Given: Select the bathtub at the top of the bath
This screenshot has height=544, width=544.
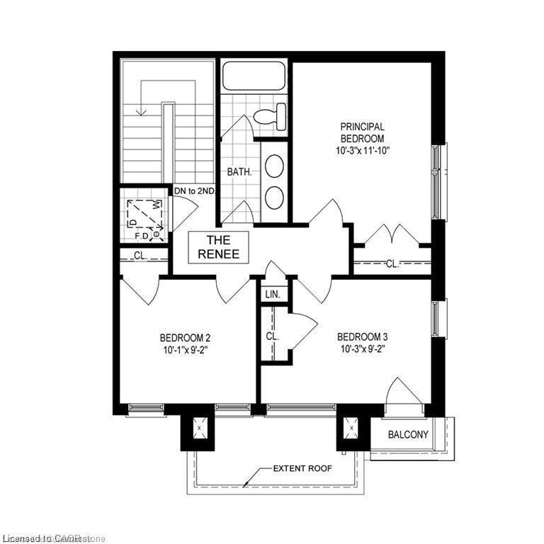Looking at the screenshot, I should click(254, 76).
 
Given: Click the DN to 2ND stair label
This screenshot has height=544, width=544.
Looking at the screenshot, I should click(195, 191).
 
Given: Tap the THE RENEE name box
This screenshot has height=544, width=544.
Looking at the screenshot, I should click(217, 246).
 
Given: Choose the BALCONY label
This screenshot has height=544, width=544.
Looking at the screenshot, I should click(409, 434).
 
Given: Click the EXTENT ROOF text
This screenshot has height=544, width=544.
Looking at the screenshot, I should click(302, 469).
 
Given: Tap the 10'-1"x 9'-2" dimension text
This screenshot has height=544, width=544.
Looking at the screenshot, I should click(185, 348).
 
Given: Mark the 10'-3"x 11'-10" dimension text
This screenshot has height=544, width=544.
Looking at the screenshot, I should click(362, 151).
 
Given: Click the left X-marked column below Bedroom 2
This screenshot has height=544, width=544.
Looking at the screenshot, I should click(198, 429).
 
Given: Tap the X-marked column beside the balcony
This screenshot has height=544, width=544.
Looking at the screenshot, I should click(351, 429).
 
